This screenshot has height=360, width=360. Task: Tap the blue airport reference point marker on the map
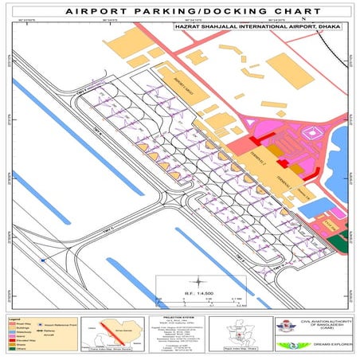tap(43, 259)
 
